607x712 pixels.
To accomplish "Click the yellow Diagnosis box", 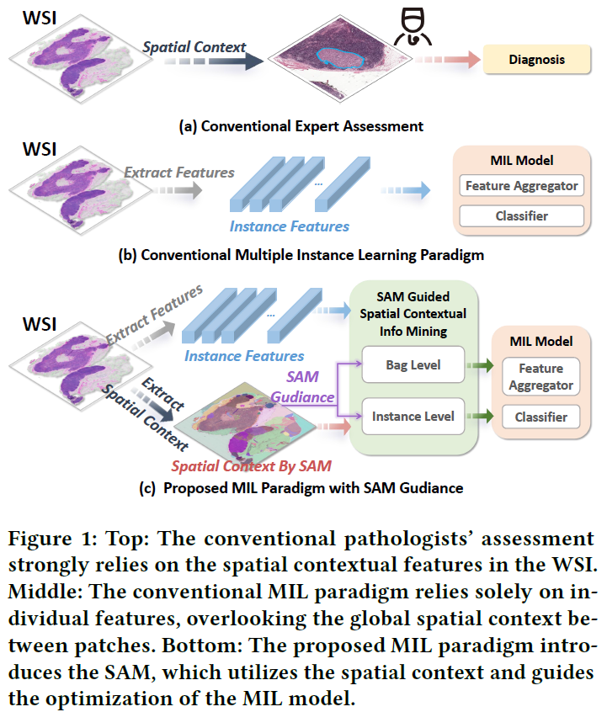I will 536,60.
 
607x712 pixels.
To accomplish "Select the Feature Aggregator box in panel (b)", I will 522,186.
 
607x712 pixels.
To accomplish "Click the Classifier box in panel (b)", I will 522,216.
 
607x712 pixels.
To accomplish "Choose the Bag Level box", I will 413,367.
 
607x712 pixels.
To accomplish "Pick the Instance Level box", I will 413,416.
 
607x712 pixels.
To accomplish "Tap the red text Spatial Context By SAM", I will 251,465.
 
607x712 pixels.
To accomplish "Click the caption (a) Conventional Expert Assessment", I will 301,126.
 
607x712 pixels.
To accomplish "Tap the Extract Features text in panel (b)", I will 179,173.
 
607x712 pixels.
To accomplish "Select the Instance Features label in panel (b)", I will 290,226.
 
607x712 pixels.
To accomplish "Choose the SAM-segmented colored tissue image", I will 253,421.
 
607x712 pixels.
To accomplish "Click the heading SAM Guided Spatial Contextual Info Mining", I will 413,311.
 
